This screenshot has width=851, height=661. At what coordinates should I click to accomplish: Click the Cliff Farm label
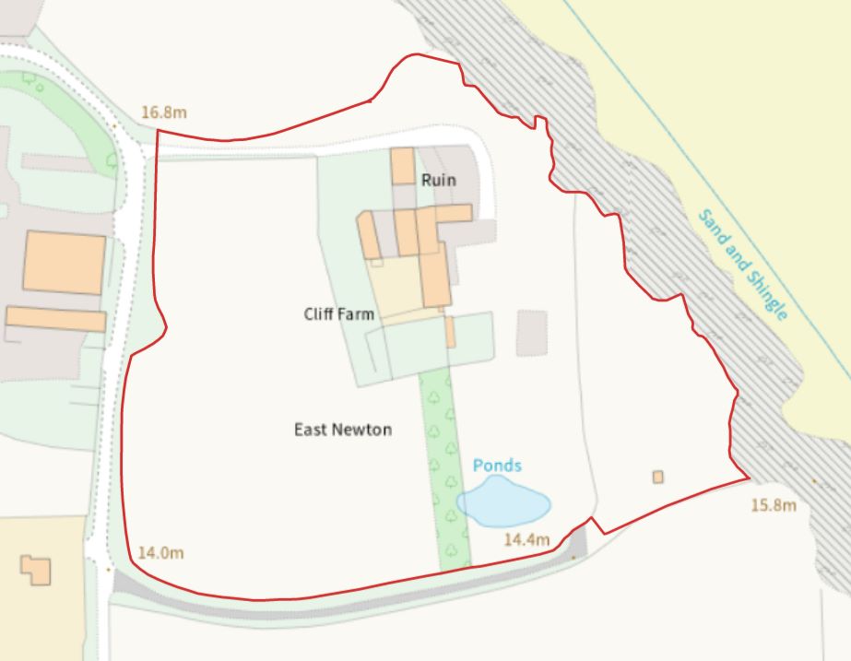pos(339,314)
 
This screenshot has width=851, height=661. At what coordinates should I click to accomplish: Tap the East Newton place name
pos(343,430)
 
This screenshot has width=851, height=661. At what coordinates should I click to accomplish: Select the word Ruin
pos(438,180)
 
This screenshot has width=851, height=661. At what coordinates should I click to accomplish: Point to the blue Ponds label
pos(497,466)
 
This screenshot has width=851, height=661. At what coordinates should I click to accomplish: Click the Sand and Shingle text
pos(742,266)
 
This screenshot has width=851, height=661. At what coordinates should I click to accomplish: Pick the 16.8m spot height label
pos(164,112)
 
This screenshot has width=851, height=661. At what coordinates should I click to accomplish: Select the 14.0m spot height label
pos(160,553)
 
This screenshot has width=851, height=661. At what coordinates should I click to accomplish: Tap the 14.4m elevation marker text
pos(526,539)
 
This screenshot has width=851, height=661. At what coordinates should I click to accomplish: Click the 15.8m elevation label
pos(773,505)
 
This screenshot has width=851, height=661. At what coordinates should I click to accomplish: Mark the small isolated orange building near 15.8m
pos(657,477)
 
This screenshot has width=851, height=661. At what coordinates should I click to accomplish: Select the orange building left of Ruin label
pos(402,166)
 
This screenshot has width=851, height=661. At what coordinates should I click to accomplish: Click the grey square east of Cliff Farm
pos(531,333)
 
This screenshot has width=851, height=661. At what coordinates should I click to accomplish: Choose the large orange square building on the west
pos(65,263)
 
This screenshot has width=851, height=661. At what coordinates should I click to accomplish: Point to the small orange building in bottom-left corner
pos(36,569)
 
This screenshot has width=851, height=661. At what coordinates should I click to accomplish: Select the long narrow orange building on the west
pos(56,319)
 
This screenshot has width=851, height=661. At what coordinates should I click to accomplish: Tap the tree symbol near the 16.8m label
pos(112,160)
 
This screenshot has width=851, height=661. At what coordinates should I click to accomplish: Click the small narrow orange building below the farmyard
pos(450,332)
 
